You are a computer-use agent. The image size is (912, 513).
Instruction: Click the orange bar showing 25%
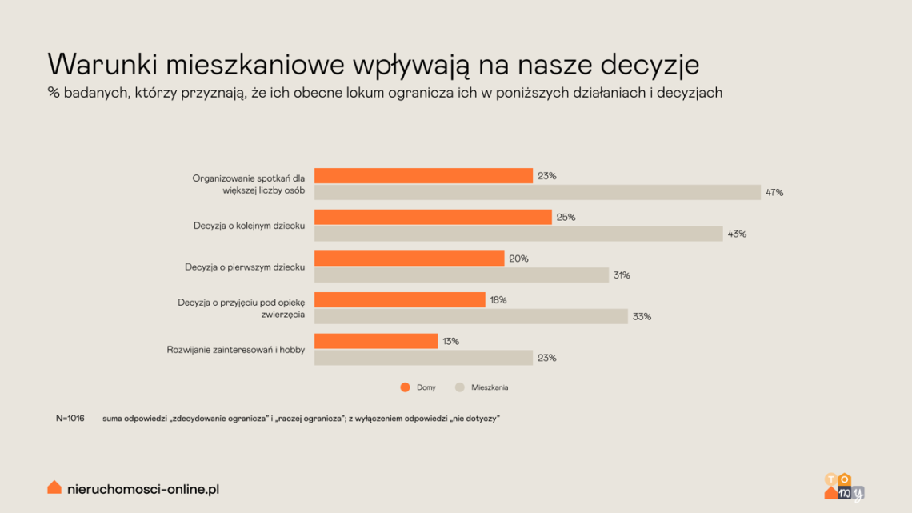[x=433, y=217]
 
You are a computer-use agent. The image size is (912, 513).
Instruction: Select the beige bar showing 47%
[x=538, y=192]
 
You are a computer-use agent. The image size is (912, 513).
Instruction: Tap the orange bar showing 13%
[x=376, y=341]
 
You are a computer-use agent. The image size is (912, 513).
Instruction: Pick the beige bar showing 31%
[x=462, y=275]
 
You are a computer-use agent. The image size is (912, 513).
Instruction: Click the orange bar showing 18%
[x=399, y=299]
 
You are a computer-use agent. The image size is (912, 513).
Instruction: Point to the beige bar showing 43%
[x=518, y=233]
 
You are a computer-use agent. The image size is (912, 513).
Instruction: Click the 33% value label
[x=642, y=316]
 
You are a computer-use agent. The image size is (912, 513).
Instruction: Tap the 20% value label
[x=519, y=259]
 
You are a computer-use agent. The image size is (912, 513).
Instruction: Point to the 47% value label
[x=774, y=193]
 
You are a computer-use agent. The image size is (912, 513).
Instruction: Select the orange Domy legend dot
[x=406, y=387]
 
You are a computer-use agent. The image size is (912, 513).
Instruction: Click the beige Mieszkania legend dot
[x=459, y=387]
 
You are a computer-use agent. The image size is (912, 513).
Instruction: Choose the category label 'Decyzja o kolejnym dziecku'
[x=249, y=226]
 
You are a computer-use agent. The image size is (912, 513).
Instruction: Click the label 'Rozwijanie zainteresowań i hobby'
[x=235, y=350]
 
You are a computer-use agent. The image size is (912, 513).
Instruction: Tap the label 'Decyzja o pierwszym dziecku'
[x=245, y=267]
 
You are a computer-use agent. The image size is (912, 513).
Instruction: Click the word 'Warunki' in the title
[x=103, y=64]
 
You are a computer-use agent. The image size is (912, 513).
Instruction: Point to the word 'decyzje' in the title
[x=650, y=65]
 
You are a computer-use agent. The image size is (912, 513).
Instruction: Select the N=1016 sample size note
[x=70, y=419]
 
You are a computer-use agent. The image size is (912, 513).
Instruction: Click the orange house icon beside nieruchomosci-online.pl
[x=54, y=487]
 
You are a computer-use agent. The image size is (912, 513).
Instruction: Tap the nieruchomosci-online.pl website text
[x=143, y=489]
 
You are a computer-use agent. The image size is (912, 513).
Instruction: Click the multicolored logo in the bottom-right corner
[x=844, y=487]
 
